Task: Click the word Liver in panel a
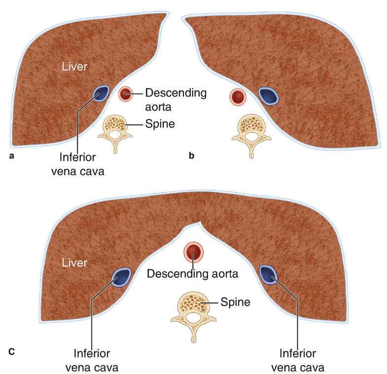[x=75, y=66]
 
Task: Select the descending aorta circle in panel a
[x=125, y=94]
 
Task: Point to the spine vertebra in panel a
[x=115, y=129]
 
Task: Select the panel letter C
[x=12, y=352]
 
